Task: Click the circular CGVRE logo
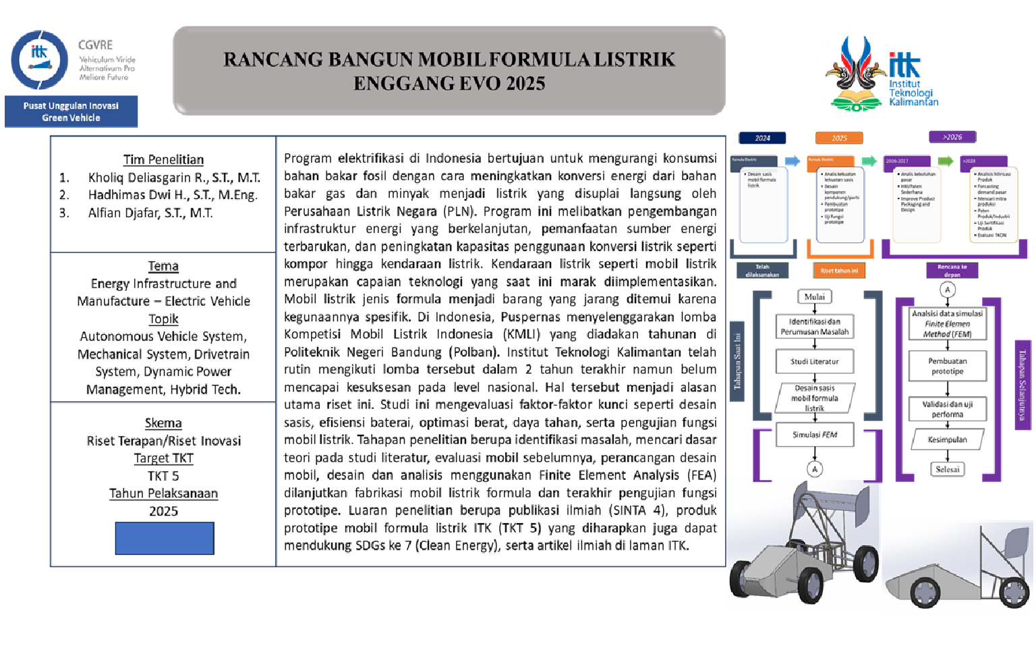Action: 40,59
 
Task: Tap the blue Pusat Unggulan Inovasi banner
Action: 71,111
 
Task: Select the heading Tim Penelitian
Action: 163,159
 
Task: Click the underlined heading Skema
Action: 163,423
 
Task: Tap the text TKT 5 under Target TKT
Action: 163,476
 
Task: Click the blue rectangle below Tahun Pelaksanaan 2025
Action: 165,538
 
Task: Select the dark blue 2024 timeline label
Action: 762,138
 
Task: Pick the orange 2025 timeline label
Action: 839,138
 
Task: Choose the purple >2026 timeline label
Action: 952,137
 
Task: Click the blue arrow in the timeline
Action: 793,161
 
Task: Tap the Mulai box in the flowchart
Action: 814,296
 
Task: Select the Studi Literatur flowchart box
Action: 814,361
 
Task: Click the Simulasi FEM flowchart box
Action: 814,435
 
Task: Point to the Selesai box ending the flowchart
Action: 947,469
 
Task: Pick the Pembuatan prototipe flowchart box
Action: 947,366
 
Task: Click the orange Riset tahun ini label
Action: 839,271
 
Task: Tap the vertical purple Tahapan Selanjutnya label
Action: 1023,385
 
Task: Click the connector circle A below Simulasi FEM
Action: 815,468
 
